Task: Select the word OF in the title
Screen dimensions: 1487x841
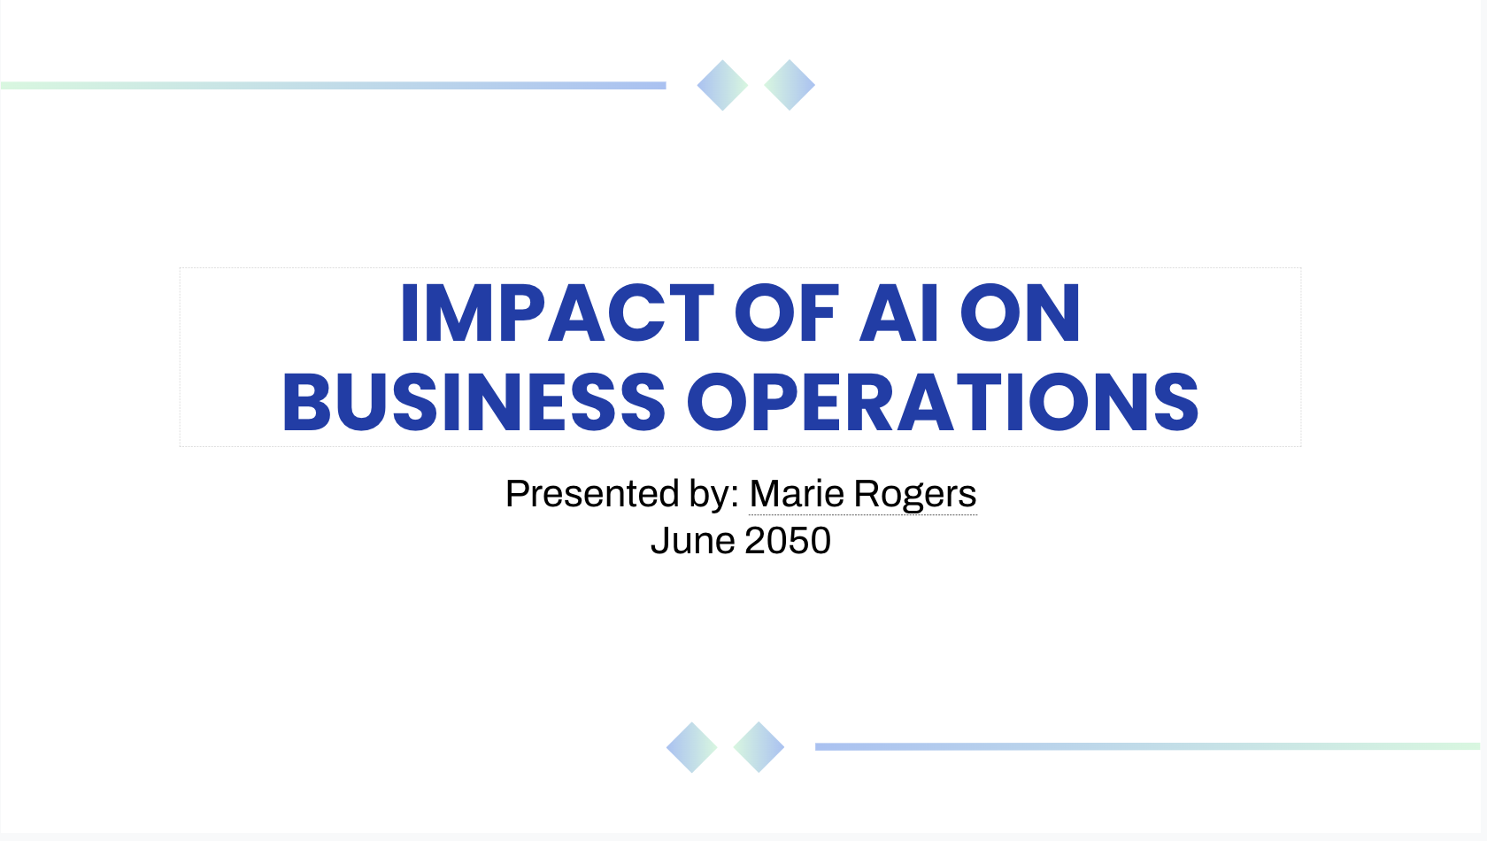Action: point(786,312)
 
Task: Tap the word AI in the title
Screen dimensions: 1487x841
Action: point(898,312)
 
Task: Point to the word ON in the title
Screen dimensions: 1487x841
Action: point(1021,312)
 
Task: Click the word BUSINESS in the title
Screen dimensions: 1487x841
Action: point(474,402)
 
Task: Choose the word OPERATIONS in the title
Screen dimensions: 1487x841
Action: point(943,402)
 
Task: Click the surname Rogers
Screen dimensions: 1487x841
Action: point(915,495)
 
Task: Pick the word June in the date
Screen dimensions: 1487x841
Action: point(693,540)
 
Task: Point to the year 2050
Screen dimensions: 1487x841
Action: point(788,540)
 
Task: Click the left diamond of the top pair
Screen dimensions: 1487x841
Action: point(722,85)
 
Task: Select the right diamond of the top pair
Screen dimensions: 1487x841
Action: point(790,85)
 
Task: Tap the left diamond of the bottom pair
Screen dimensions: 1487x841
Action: point(692,747)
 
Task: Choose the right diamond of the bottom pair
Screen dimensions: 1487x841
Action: point(759,747)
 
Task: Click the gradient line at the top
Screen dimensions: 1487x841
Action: point(333,86)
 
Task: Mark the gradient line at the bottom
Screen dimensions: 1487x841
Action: point(1148,747)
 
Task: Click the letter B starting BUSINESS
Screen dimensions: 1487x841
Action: point(306,402)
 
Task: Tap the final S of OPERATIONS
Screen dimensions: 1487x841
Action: point(1176,402)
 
